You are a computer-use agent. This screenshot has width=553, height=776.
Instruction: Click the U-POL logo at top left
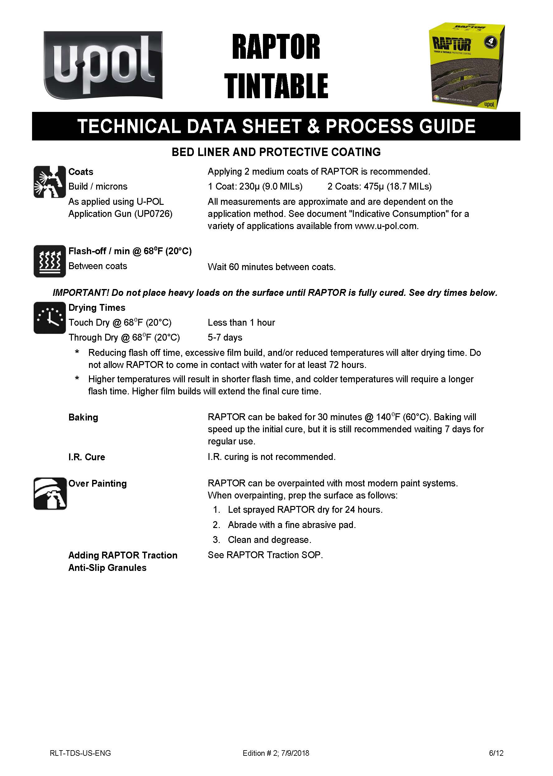[x=103, y=65]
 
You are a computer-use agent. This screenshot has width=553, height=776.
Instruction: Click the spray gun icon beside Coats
[x=49, y=181]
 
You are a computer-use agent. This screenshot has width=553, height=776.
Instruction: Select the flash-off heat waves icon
[x=49, y=261]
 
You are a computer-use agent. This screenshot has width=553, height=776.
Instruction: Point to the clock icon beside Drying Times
[x=49, y=318]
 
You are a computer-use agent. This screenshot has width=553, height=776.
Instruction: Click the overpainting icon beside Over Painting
[x=50, y=494]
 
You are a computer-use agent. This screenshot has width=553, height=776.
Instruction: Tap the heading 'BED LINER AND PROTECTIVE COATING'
[x=276, y=152]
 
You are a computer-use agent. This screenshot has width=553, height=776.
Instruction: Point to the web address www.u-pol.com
[x=386, y=226]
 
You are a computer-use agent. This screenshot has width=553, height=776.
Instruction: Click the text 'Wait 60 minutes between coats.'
[x=271, y=267]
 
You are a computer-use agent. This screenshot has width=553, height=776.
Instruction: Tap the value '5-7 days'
[x=225, y=338]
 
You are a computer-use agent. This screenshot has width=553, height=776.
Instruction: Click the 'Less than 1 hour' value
[x=241, y=323]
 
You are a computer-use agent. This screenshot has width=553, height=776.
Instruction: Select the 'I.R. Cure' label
[x=87, y=457]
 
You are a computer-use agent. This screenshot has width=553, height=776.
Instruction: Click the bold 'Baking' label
[x=83, y=417]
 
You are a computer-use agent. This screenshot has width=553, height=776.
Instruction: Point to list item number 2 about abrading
[x=292, y=525]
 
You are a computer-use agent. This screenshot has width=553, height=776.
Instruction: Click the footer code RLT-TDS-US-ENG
[x=80, y=753]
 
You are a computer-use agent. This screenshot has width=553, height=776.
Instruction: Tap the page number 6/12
[x=496, y=753]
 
